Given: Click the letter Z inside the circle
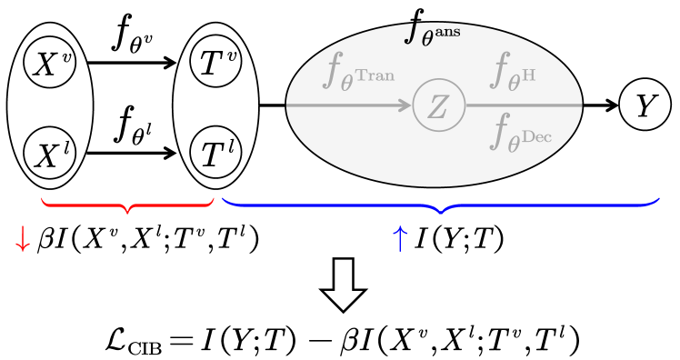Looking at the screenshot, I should (x=438, y=106).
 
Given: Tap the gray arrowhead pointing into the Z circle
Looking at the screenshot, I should (x=405, y=105).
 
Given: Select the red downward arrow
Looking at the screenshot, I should (x=23, y=239).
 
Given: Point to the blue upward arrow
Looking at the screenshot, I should (x=399, y=239).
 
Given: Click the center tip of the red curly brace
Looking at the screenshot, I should (x=128, y=211).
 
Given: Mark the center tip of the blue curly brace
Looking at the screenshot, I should (x=441, y=211).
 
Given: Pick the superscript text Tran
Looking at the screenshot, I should (x=375, y=75).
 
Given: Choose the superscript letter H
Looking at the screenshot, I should (x=528, y=74).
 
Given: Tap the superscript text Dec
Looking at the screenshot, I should (x=536, y=137).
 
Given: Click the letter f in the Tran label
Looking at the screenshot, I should (x=333, y=69).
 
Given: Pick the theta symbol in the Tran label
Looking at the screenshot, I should (x=346, y=83).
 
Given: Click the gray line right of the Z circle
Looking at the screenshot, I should (x=523, y=105).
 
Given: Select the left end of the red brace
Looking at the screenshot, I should (x=43, y=197).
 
